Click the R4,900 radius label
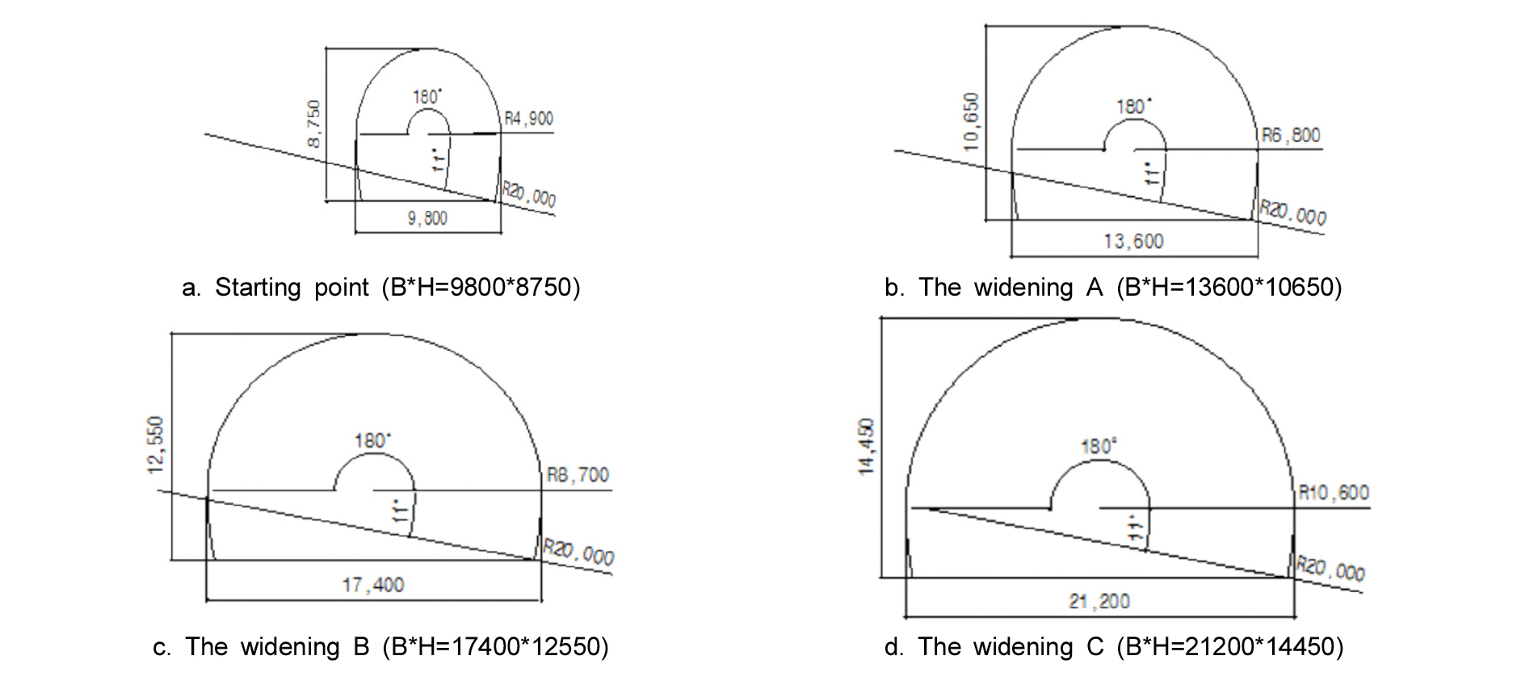[529, 119]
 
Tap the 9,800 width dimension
[427, 218]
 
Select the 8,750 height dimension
[315, 124]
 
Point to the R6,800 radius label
[1291, 135]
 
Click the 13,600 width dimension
[1134, 241]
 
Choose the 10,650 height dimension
[971, 121]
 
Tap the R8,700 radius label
[578, 474]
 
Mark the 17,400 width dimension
[373, 584]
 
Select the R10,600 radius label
[1333, 492]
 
